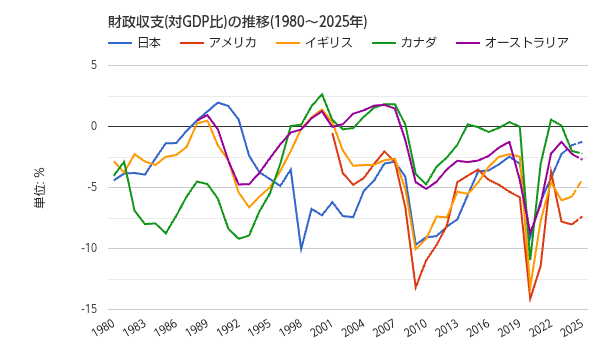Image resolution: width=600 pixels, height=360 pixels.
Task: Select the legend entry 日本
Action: [x=149, y=42]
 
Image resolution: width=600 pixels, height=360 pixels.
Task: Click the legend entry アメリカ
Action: [x=232, y=42]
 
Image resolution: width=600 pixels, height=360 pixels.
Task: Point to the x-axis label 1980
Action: [x=103, y=329]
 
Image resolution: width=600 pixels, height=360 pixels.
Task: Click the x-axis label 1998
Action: [x=291, y=329]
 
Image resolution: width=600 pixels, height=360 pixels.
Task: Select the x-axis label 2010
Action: [x=416, y=329]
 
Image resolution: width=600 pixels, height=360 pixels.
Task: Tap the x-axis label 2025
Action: [x=572, y=329]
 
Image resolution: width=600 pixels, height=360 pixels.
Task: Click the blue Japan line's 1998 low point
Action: [x=301, y=249]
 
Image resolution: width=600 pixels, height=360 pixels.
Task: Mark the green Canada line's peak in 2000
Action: [x=322, y=94]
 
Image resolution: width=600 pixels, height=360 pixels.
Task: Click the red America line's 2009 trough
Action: [x=416, y=288]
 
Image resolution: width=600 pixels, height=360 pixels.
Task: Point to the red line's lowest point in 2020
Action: [x=530, y=300]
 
